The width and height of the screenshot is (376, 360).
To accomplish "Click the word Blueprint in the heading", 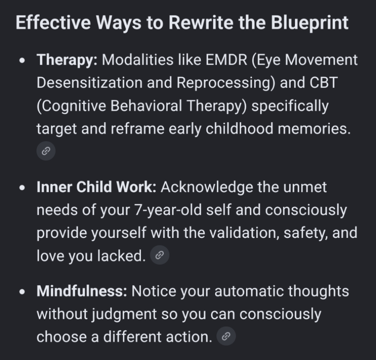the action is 310,23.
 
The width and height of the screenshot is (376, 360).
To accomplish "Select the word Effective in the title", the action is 53,23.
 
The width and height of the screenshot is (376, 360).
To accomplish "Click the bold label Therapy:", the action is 67,60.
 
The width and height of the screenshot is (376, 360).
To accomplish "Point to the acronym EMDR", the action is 226,60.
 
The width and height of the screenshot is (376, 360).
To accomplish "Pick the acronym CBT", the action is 323,83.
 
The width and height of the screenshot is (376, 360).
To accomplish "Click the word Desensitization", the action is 89,83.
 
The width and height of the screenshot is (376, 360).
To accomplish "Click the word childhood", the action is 239,129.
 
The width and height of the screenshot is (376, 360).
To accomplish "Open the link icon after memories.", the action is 46,151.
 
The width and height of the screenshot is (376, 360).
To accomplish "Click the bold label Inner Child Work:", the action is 96,187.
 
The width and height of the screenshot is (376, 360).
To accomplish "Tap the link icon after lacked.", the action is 160,255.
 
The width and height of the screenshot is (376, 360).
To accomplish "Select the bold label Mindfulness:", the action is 82,291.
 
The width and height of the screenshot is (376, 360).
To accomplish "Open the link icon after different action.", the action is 226,336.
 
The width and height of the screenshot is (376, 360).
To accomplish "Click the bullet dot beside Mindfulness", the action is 22,292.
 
